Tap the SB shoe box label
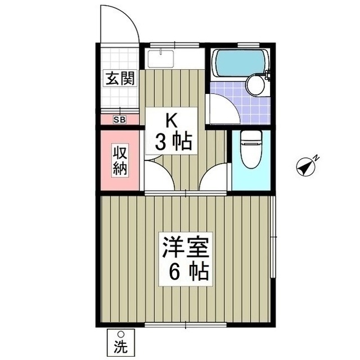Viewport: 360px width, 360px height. point(120,119)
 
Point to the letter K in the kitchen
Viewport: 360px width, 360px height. point(172,120)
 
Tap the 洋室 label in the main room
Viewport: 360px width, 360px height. point(186,249)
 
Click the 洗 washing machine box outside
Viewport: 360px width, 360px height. point(120,341)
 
